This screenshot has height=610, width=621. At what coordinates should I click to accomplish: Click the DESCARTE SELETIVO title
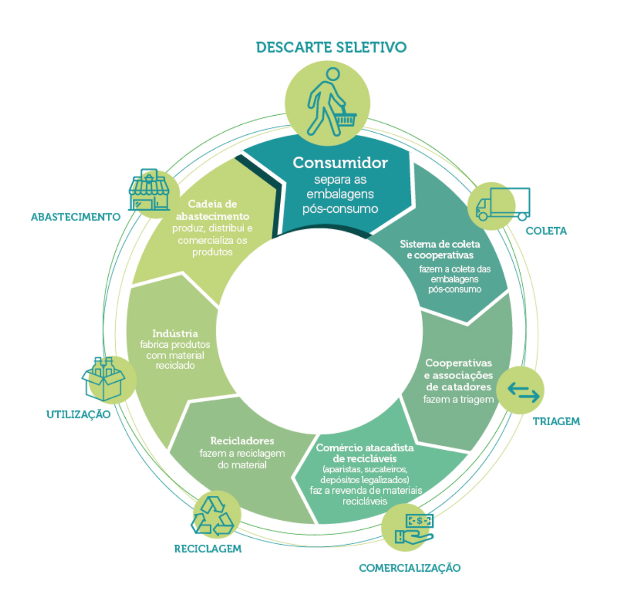point(331,47)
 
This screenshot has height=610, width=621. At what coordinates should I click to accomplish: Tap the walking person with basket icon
point(329,102)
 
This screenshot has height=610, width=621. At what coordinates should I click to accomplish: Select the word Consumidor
point(340,162)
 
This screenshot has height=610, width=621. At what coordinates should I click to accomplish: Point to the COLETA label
point(546,231)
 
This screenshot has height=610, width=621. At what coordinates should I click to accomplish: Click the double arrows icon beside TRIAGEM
point(523,392)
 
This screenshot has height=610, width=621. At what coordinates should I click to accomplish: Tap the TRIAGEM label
point(556,422)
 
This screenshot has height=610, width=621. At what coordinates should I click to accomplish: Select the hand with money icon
point(414,529)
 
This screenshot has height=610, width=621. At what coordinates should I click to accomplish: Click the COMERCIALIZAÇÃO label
point(409,568)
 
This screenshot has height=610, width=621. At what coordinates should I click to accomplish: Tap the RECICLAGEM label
point(208,549)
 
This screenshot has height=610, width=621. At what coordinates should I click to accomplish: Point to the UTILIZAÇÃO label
point(78,415)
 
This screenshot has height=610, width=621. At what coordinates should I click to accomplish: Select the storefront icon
point(149,190)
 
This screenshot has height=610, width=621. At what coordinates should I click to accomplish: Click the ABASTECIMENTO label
point(75,217)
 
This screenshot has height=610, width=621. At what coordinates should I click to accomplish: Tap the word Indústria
point(175,333)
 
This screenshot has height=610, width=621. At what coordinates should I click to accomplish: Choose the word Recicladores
point(242,441)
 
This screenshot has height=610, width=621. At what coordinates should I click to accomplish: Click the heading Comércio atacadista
point(365,453)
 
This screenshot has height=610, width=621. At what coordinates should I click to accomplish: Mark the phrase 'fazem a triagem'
point(458,399)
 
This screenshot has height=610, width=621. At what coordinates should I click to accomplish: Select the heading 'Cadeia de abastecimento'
point(212,210)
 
